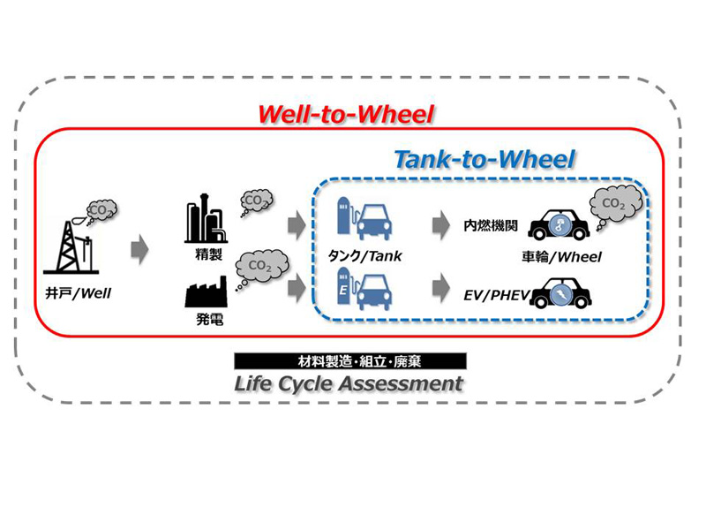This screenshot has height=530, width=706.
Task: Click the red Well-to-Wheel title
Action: tap(349, 115)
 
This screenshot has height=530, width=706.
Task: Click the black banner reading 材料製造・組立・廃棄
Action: tap(349, 360)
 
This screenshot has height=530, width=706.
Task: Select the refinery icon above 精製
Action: tap(204, 223)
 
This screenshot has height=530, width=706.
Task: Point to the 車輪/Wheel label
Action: tap(561, 258)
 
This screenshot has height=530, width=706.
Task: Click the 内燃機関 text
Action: tap(489, 226)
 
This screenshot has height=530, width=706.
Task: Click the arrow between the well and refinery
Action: tap(139, 251)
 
